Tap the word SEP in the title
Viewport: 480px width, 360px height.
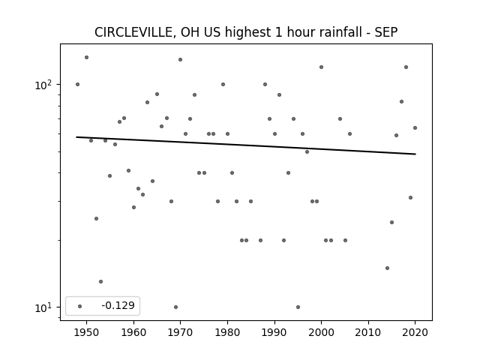(x=386, y=32)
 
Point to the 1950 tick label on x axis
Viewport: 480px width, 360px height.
(x=87, y=332)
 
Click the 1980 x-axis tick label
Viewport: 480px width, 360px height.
(x=227, y=332)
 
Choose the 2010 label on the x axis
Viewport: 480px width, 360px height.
(x=368, y=332)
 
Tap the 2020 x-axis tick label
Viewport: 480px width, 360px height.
(x=415, y=332)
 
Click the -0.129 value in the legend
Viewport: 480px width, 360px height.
(x=118, y=305)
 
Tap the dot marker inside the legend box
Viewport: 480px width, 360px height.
(x=80, y=306)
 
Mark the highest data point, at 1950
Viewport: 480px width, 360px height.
(x=87, y=57)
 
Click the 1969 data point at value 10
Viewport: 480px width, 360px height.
(x=175, y=307)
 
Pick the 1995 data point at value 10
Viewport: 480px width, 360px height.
(x=298, y=307)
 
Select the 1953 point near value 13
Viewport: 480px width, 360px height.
(x=100, y=282)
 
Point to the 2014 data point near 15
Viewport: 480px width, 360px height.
(x=387, y=268)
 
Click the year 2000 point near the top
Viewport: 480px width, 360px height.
(x=321, y=67)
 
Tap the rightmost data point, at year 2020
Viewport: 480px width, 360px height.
(x=415, y=128)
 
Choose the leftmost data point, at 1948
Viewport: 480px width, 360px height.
(x=77, y=85)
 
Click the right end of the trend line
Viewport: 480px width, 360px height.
(x=415, y=154)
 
